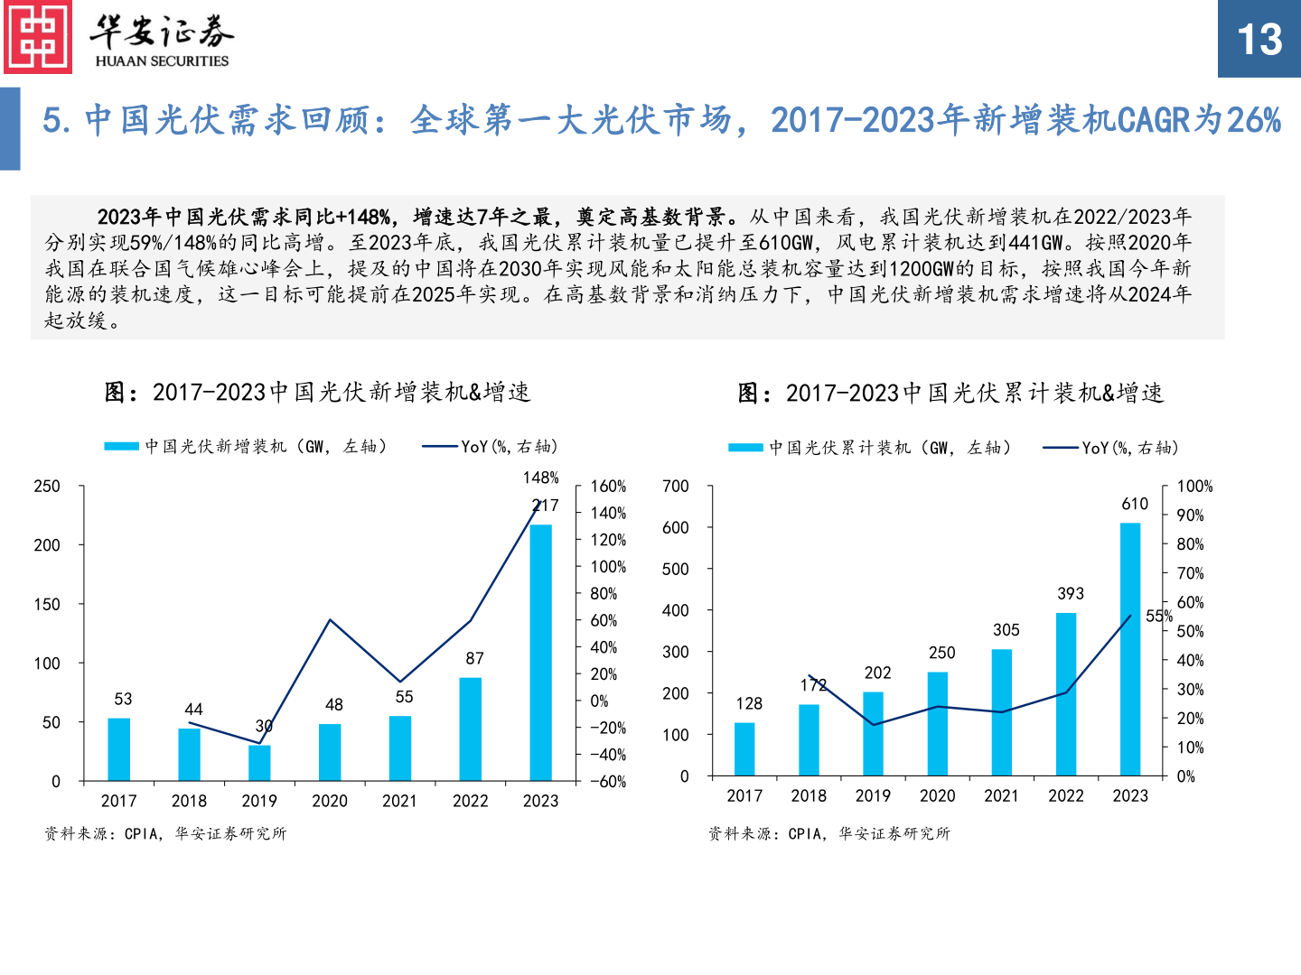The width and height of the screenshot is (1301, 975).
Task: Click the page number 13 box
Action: point(1259,39)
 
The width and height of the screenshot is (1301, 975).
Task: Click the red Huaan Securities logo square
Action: point(38,38)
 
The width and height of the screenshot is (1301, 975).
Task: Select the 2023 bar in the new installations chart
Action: point(540,652)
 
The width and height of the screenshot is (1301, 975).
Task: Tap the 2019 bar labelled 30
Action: point(259,762)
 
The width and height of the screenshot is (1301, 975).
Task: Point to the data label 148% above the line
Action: point(540,478)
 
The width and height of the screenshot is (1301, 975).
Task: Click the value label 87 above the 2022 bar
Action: point(474,658)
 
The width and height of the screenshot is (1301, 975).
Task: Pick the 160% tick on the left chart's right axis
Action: point(608,487)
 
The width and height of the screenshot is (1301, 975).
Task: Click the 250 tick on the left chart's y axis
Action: point(47,487)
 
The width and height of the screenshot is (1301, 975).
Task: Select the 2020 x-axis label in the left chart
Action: point(330,801)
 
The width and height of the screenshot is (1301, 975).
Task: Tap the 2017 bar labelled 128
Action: point(744,748)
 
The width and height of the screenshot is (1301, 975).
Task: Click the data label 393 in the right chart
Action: point(1071,593)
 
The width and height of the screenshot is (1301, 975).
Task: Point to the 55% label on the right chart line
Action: point(1159,617)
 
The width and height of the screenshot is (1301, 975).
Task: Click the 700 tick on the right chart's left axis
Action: point(675,487)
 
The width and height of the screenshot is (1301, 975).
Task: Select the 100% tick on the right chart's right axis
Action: point(1194,487)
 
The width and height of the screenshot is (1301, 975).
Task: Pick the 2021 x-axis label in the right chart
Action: point(1001,795)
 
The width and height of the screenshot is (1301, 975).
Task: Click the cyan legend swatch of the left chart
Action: point(121,446)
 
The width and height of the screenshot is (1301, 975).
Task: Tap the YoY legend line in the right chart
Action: point(1060,448)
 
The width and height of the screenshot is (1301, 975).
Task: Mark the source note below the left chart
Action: point(165,833)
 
